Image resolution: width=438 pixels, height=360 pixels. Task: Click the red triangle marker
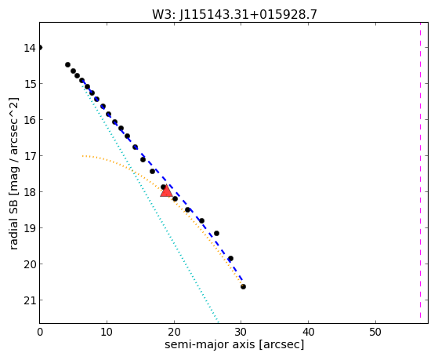pyautogui.click(x=166, y=191)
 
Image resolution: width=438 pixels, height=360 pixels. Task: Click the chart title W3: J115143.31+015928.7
pyautogui.click(x=234, y=15)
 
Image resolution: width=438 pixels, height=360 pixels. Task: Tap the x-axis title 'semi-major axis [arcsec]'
pyautogui.click(x=234, y=344)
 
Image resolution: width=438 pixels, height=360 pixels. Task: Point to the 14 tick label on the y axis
pyautogui.click(x=29, y=48)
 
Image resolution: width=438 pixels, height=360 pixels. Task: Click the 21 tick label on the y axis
pyautogui.click(x=29, y=300)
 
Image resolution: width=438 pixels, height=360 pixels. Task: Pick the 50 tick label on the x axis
pyautogui.click(x=375, y=333)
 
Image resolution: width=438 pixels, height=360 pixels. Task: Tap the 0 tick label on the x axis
pyautogui.click(x=40, y=333)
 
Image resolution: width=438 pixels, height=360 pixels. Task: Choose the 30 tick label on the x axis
pyautogui.click(x=241, y=333)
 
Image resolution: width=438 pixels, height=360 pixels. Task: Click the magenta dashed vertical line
pyautogui.click(x=420, y=170)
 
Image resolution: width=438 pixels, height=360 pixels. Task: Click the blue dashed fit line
pyautogui.click(x=162, y=180)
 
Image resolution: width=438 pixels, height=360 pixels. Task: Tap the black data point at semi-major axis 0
pyautogui.click(x=40, y=47)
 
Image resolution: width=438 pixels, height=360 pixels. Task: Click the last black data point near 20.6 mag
pyautogui.click(x=243, y=286)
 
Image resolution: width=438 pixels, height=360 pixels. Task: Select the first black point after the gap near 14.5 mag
pyautogui.click(x=67, y=64)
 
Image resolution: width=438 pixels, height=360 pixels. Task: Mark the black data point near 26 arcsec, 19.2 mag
pyautogui.click(x=216, y=233)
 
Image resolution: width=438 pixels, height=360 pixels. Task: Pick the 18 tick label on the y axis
pyautogui.click(x=29, y=192)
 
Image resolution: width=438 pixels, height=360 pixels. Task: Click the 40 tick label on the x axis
pyautogui.click(x=308, y=333)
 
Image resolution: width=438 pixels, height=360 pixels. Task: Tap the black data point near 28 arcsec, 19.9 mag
pyautogui.click(x=230, y=258)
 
